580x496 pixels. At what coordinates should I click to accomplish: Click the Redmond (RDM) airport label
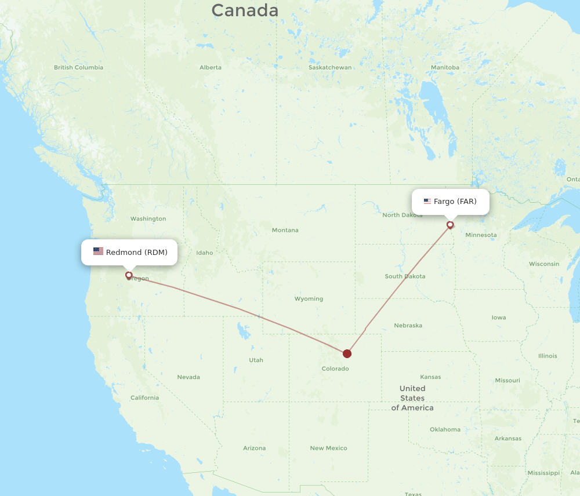click(x=136, y=252)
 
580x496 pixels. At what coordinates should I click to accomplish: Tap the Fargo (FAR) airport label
click(x=455, y=202)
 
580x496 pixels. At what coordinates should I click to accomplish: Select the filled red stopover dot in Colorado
click(x=347, y=353)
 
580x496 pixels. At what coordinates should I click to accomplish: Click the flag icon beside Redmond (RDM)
click(x=98, y=251)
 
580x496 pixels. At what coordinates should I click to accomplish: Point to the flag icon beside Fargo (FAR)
click(x=427, y=202)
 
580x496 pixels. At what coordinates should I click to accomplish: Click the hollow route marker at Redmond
click(x=129, y=275)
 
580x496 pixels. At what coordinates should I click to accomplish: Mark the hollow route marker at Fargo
click(x=450, y=225)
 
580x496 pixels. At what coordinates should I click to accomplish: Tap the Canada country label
click(x=245, y=10)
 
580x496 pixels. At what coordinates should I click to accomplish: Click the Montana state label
click(x=285, y=230)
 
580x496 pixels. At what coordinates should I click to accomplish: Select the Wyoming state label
click(x=309, y=299)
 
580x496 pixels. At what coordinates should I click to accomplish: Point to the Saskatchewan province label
click(x=330, y=67)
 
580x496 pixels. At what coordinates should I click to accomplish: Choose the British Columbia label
click(x=78, y=67)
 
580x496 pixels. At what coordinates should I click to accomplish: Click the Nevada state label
click(x=188, y=377)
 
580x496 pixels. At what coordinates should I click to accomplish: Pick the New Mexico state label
click(x=328, y=448)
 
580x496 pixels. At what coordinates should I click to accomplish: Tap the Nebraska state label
click(x=408, y=326)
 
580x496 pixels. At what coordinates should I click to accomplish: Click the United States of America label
click(x=412, y=398)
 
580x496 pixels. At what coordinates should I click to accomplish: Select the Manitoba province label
click(x=445, y=67)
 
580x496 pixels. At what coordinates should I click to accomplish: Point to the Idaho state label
click(x=205, y=253)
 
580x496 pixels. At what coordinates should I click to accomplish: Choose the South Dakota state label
click(x=405, y=276)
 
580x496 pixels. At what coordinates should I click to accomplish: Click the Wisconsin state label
click(x=544, y=264)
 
